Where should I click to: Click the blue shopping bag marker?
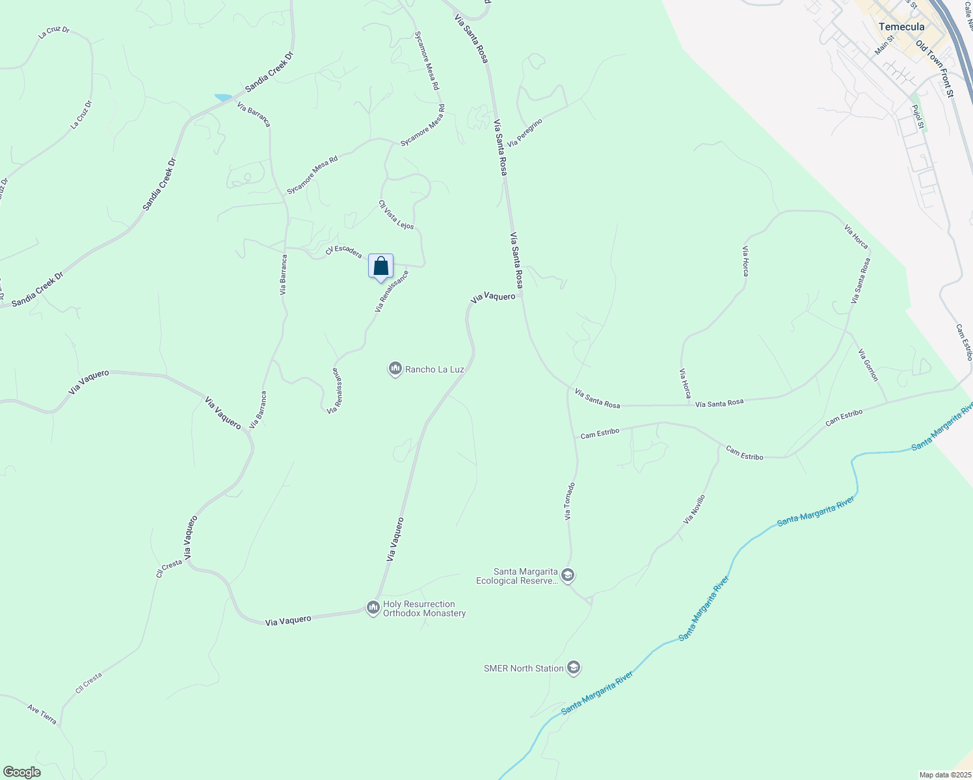point(381,266)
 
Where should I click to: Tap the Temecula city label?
point(901,27)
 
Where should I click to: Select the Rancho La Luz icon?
point(395,369)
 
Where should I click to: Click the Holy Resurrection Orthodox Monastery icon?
point(373,608)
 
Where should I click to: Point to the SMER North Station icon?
point(573,668)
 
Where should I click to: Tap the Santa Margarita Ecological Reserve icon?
point(568,576)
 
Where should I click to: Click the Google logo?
point(21,772)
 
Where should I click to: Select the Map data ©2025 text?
point(944,775)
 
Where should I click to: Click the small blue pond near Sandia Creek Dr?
point(223,97)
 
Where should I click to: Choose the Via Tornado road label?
point(570,500)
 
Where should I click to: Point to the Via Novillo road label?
point(694,510)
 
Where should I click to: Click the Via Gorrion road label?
point(868,365)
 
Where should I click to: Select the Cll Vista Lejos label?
point(396,214)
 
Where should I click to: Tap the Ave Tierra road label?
point(42,714)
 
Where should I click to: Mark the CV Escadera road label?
point(343,252)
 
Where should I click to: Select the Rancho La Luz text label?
point(434,369)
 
